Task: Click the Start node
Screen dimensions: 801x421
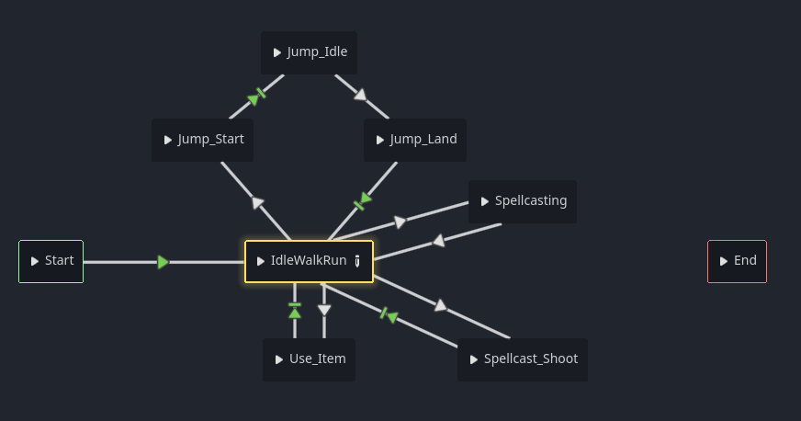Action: coord(51,261)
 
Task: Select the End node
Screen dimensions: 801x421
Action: coord(737,261)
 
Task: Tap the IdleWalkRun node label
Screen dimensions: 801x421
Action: coord(309,260)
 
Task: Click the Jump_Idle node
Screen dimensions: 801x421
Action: coord(309,52)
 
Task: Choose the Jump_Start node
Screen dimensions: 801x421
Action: coord(203,140)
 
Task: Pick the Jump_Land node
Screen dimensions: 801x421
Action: coord(415,140)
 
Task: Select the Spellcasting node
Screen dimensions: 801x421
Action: coord(523,201)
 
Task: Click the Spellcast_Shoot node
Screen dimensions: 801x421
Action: coord(523,359)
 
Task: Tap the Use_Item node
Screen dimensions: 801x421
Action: coord(309,359)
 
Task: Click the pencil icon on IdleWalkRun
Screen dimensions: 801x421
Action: coord(357,261)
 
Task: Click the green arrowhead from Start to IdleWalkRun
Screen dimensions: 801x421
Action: coord(163,262)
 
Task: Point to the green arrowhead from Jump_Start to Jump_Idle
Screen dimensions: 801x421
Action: coord(254,99)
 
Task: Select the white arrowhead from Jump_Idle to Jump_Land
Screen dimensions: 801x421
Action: coord(361,95)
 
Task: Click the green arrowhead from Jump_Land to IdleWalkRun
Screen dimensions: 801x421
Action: coord(366,198)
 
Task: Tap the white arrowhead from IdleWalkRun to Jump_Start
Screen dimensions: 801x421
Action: coord(257,202)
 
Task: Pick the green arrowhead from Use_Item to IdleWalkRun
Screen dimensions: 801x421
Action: coord(295,313)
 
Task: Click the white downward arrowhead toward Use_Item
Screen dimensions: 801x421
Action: coord(324,310)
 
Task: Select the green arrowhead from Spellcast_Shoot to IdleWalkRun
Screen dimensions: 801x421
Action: coord(392,317)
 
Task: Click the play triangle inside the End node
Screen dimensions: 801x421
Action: coord(723,261)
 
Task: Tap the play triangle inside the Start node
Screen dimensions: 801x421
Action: coord(34,261)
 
